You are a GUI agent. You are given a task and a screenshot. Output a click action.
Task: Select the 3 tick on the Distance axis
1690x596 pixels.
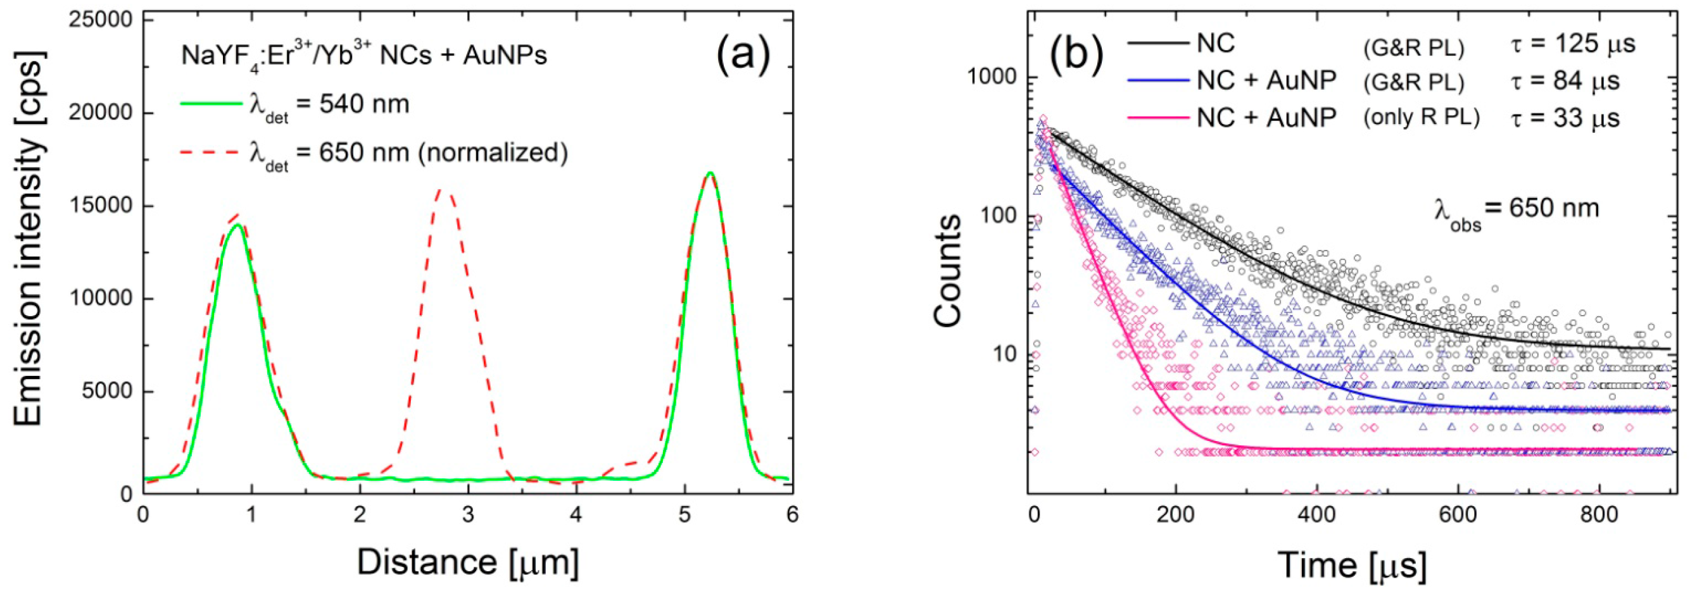coord(468,514)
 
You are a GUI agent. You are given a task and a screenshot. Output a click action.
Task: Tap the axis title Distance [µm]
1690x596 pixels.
coord(467,562)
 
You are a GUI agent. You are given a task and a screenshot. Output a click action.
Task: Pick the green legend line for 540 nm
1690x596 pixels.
coord(211,104)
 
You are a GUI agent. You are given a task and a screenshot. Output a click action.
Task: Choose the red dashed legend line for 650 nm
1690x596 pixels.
coord(211,152)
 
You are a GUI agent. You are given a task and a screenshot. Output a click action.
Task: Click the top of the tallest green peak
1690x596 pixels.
coord(709,173)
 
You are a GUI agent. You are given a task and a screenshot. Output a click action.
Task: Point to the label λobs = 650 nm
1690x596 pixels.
coord(1515,211)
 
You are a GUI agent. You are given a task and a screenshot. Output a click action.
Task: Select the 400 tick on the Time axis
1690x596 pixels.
coord(1316,514)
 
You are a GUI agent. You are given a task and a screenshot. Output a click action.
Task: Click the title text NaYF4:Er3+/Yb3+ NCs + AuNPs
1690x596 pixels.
coord(363,56)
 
